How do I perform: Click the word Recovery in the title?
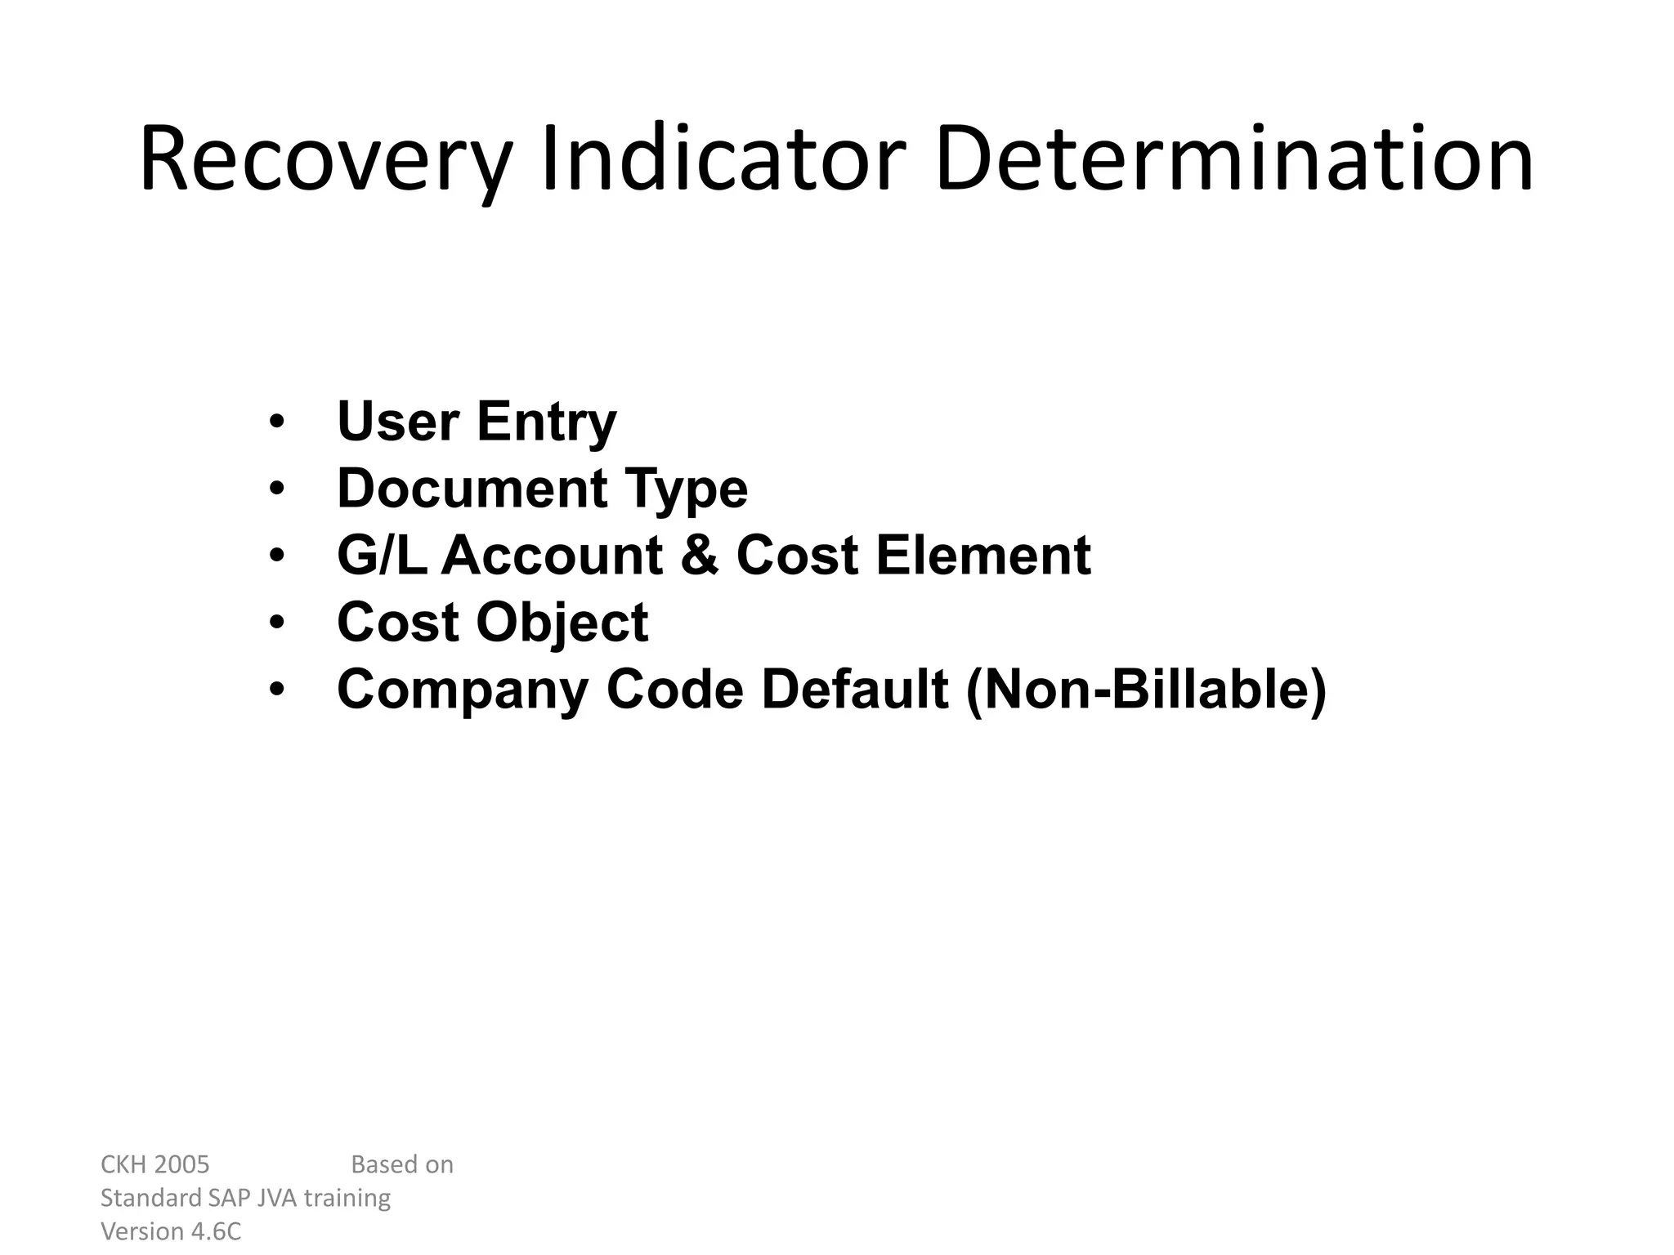[325, 160]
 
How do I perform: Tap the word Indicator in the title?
[723, 160]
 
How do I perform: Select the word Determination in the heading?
[1234, 160]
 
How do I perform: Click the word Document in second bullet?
[472, 489]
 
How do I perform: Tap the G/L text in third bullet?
[382, 556]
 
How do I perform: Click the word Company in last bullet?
[463, 690]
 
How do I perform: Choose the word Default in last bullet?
[855, 690]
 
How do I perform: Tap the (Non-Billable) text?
[1145, 690]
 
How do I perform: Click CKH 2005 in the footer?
[154, 1164]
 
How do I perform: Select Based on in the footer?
[401, 1164]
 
